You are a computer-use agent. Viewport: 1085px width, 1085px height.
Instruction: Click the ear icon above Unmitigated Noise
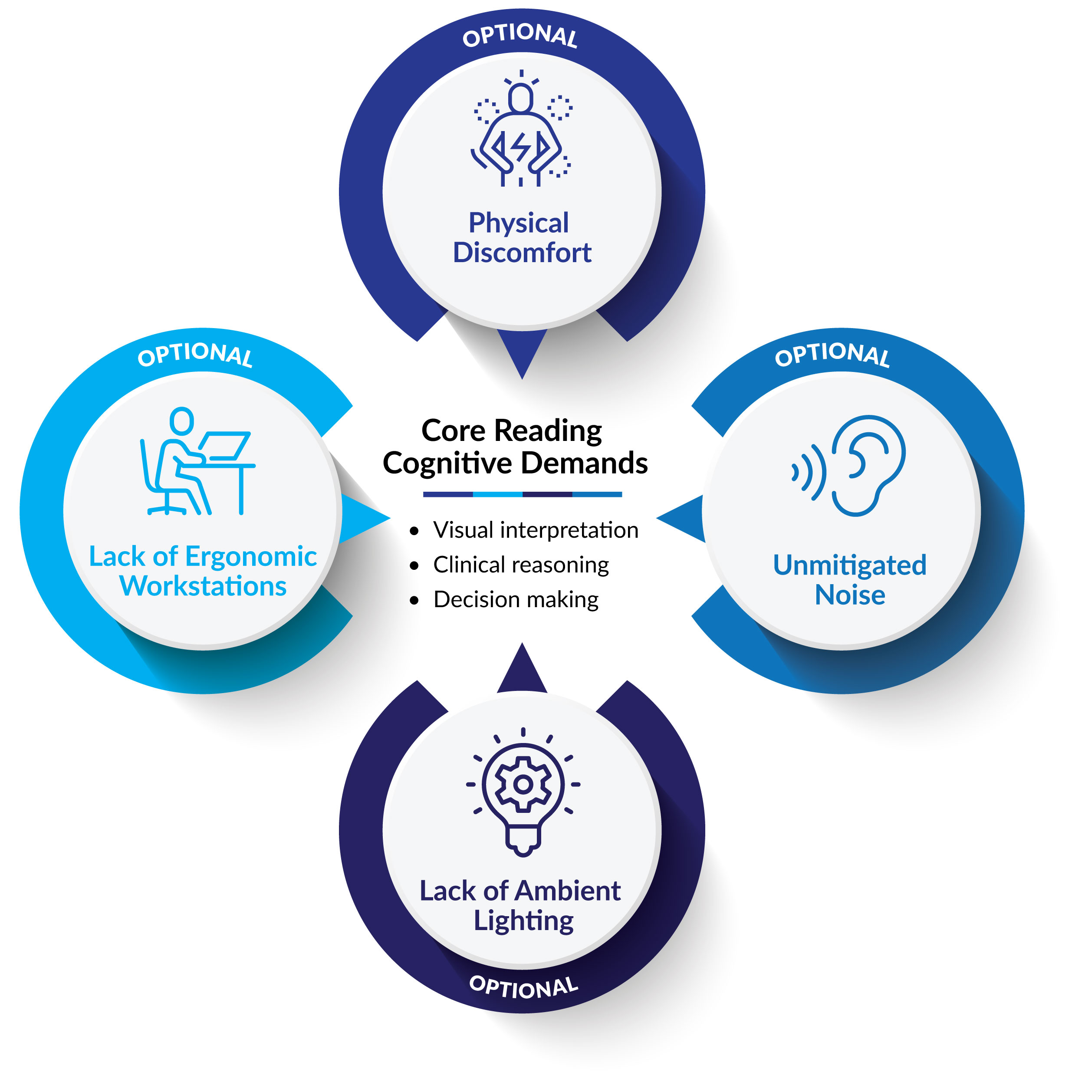tap(868, 465)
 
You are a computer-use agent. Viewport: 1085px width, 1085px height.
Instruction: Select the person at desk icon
tap(197, 462)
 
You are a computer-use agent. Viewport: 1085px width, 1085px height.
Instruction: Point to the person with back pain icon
tap(521, 130)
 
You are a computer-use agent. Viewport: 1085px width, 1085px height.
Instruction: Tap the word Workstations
tap(203, 586)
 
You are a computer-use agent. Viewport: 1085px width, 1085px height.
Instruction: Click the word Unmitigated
tap(850, 565)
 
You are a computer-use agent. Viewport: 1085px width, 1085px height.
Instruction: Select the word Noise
tap(850, 595)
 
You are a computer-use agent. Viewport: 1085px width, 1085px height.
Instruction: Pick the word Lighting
tap(523, 921)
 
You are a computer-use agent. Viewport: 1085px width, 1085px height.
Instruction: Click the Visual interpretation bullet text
tap(535, 530)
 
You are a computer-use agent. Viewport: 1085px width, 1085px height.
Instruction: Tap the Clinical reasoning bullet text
tap(521, 565)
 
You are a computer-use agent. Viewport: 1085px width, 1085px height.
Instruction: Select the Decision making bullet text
tap(516, 600)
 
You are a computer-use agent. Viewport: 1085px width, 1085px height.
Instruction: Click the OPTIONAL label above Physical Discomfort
tap(520, 35)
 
